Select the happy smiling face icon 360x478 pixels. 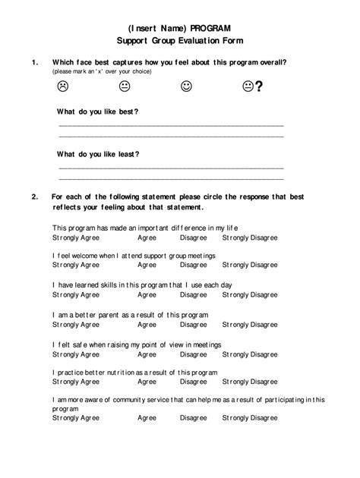click(186, 86)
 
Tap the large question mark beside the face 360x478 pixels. click(259, 87)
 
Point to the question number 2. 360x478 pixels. click(34, 197)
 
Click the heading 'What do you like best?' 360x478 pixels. click(98, 112)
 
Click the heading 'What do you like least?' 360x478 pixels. click(98, 154)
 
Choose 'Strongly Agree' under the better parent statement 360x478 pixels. click(76, 324)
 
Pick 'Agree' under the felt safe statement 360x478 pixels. click(147, 354)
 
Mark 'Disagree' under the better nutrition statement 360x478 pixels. click(193, 382)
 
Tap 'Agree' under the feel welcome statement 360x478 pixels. click(147, 266)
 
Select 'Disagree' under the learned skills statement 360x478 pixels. click(193, 295)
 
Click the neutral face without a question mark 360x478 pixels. click(125, 86)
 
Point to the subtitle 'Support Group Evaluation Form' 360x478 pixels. click(180, 40)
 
